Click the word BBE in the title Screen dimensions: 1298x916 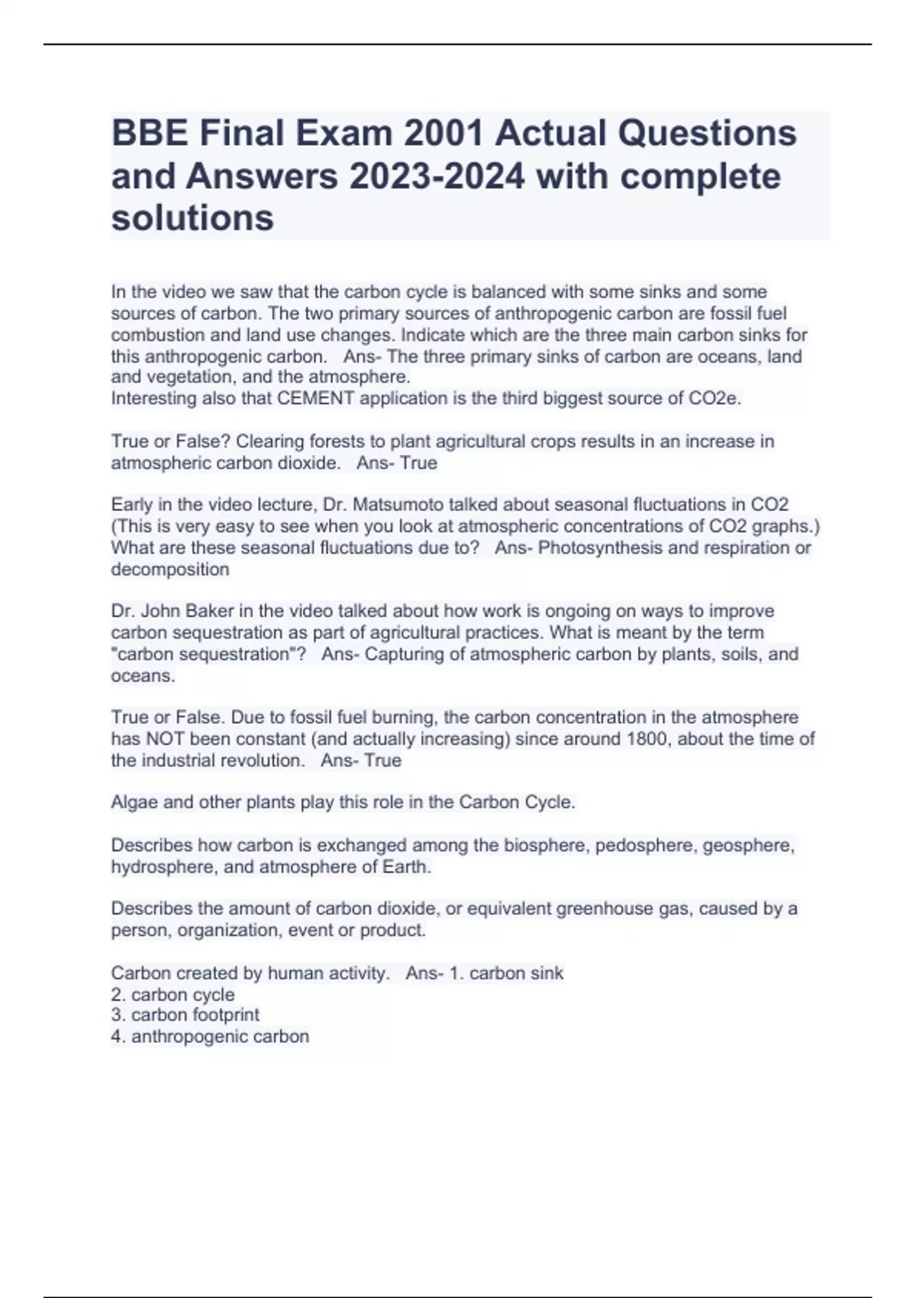coord(150,134)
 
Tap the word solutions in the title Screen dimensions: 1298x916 coord(192,218)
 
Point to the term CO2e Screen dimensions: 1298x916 coord(717,399)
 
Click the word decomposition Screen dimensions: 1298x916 coord(170,569)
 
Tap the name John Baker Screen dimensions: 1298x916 coord(188,611)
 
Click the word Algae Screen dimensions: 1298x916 coord(134,802)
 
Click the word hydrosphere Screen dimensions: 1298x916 coord(161,867)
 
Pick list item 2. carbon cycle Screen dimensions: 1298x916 coord(173,995)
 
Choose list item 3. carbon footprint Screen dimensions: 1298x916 coord(185,1015)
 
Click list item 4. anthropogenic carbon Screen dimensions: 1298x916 coord(210,1036)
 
